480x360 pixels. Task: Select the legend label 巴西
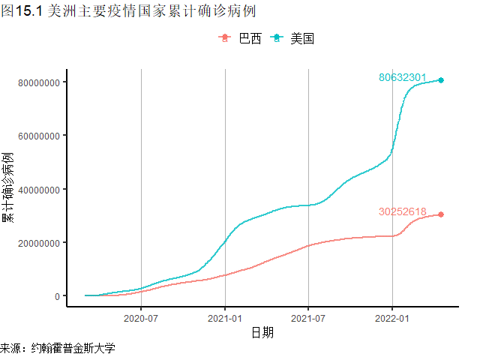click(x=250, y=39)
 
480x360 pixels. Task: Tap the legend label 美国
click(x=302, y=39)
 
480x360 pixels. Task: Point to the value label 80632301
click(x=403, y=77)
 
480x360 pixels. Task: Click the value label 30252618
click(x=403, y=211)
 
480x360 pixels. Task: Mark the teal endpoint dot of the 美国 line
click(x=441, y=80)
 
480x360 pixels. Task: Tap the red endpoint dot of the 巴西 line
click(x=441, y=214)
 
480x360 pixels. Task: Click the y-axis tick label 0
click(x=56, y=296)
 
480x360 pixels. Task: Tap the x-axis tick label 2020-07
click(x=141, y=317)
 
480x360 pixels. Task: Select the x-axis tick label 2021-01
click(x=225, y=317)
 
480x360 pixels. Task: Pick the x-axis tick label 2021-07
click(x=308, y=317)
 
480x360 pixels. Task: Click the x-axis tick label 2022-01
click(x=392, y=317)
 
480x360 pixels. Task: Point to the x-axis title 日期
click(x=262, y=332)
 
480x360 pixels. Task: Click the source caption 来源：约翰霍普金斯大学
click(x=58, y=349)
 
